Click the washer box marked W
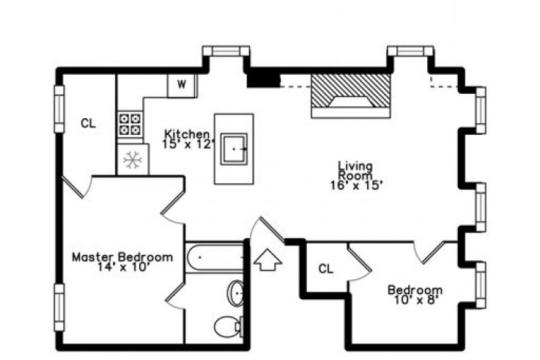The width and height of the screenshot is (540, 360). point(182,86)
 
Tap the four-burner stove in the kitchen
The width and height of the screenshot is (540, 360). point(130,124)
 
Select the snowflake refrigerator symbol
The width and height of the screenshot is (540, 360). point(133,160)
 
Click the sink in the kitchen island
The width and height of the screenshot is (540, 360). point(234,149)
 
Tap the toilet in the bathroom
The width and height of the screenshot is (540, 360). point(229,326)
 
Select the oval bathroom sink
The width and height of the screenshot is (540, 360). point(235,293)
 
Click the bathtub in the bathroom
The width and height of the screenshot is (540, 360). point(215,257)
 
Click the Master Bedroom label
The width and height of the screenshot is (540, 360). point(122,257)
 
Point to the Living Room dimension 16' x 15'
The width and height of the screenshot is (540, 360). point(356,185)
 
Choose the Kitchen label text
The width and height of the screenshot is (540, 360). point(187,133)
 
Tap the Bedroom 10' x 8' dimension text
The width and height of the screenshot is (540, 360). point(415,300)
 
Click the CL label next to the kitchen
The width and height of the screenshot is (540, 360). point(88,123)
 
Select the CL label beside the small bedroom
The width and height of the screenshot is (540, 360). point(326,268)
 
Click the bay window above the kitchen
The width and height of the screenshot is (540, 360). point(226,51)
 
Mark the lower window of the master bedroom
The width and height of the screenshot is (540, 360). point(59,307)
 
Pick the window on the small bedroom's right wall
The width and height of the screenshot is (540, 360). point(481,285)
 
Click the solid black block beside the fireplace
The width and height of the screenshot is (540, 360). point(264,79)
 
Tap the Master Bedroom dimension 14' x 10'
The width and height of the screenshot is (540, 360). point(123,268)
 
